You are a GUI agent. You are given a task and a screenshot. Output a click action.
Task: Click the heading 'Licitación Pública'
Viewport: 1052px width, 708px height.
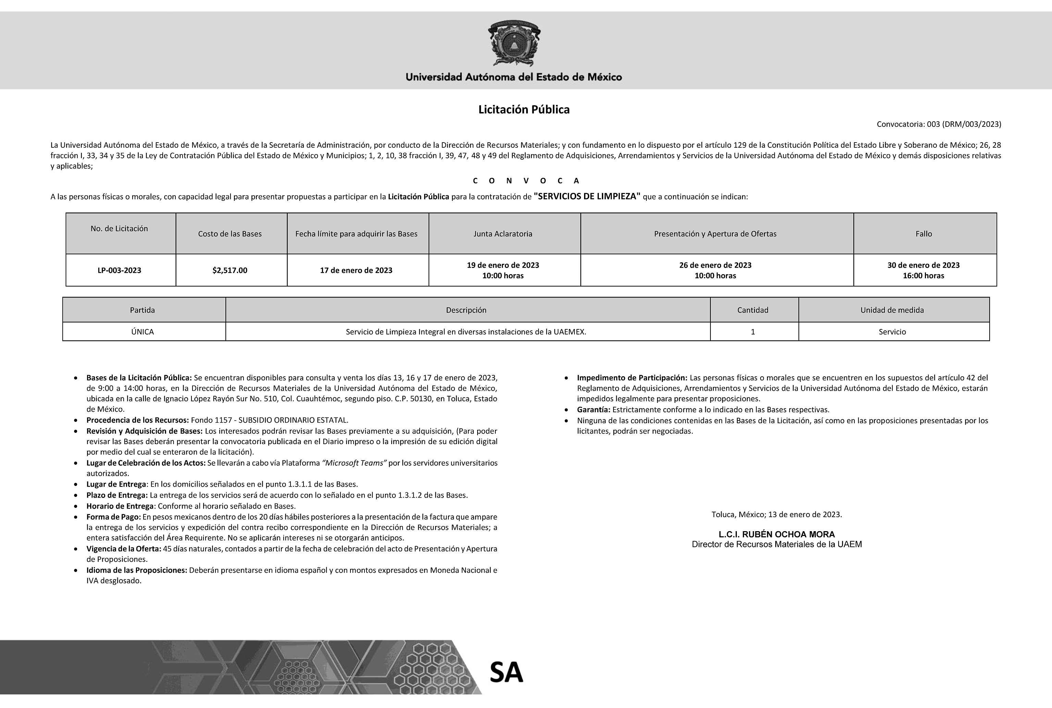524,110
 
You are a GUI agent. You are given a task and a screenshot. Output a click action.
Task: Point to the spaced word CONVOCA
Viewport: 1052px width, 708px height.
526,181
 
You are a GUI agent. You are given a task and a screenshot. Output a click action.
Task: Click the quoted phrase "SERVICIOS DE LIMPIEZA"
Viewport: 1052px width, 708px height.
587,196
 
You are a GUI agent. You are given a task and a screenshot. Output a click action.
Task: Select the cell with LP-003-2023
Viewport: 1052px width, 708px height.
119,270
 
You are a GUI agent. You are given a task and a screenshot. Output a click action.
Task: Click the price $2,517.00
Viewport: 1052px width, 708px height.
230,270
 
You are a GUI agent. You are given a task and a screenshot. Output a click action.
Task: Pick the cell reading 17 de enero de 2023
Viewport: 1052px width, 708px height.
356,270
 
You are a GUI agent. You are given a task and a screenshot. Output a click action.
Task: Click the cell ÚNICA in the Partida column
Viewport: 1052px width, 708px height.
143,332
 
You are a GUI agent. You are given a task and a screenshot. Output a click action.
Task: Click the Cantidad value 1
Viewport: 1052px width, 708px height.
753,332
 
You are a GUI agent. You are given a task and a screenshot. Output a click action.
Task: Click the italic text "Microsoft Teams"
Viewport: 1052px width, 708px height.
354,463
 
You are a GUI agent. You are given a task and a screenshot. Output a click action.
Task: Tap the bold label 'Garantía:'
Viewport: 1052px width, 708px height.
593,410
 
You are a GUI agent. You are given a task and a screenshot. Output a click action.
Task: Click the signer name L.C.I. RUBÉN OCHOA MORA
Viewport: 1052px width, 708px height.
777,535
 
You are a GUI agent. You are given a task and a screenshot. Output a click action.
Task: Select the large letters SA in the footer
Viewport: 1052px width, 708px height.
506,672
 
